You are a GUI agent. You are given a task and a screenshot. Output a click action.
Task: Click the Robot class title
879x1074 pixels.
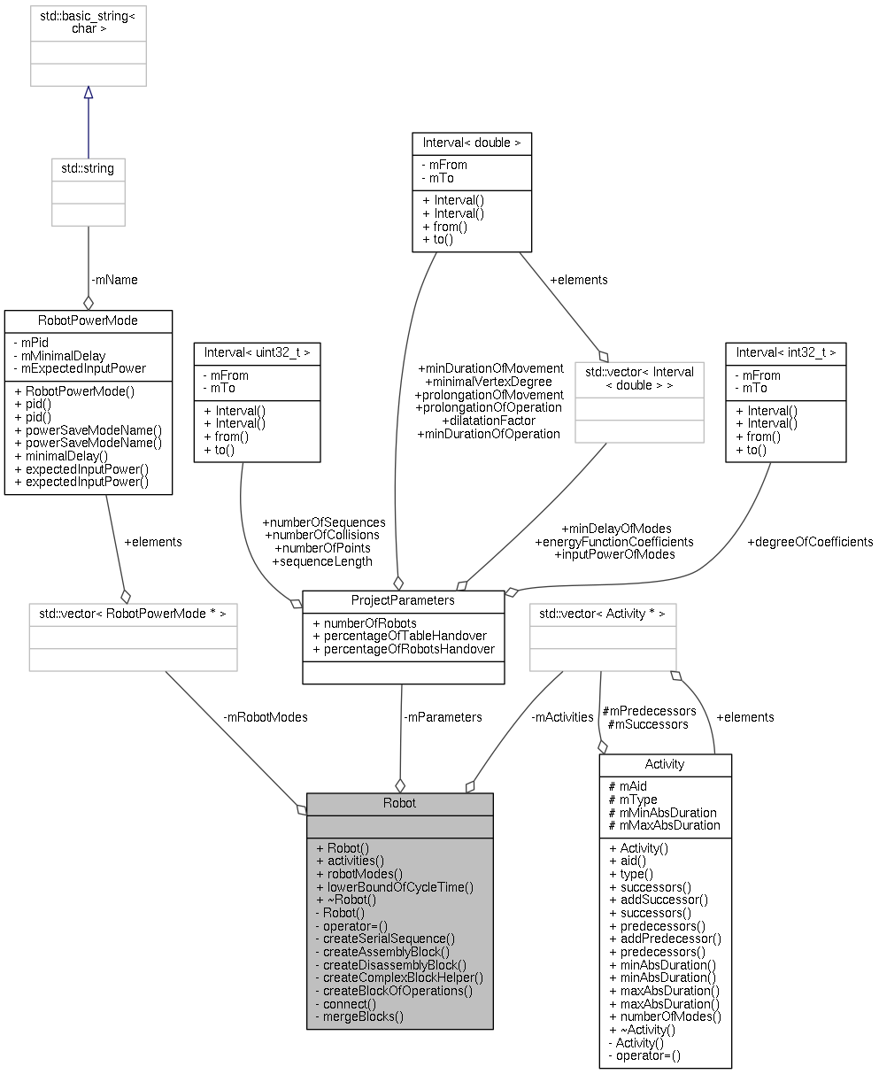[x=399, y=804]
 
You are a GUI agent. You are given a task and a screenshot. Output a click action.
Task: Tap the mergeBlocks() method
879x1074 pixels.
[x=363, y=1016]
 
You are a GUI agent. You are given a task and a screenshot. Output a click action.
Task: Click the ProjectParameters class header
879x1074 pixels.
[x=403, y=600]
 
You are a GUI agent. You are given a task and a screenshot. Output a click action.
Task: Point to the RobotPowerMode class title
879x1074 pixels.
[x=89, y=320]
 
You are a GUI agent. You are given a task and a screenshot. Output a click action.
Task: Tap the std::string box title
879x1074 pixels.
[x=88, y=167]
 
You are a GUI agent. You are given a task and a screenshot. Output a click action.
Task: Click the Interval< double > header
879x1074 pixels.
[x=471, y=142]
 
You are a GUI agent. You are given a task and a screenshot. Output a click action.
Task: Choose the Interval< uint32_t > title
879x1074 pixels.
[x=257, y=352]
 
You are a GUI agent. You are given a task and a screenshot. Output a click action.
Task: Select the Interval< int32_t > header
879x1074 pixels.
[x=785, y=352]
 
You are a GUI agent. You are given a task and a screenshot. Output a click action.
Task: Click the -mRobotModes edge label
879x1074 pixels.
[x=266, y=717]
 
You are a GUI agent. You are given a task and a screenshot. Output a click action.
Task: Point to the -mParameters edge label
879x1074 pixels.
[x=443, y=717]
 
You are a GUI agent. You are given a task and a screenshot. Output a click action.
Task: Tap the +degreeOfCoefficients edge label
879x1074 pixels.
[x=810, y=542]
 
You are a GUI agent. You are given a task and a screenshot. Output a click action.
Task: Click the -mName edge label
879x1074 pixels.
[x=114, y=280]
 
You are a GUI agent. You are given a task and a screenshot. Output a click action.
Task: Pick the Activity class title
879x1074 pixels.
[x=665, y=764]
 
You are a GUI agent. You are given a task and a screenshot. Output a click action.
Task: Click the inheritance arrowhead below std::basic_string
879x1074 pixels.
[x=88, y=93]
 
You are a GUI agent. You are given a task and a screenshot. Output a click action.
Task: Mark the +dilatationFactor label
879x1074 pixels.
[x=488, y=421]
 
